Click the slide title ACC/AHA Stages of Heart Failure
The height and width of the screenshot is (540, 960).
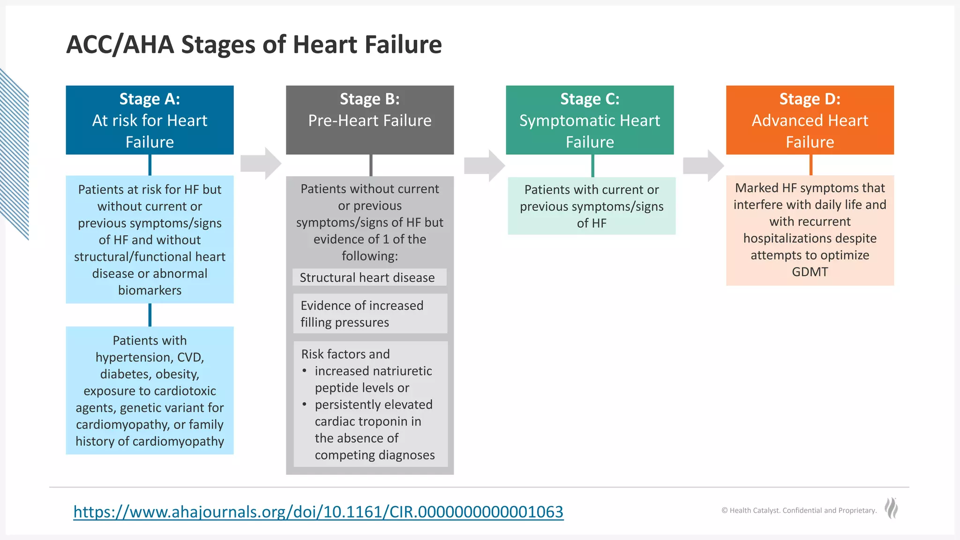254,45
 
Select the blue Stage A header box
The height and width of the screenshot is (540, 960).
150,120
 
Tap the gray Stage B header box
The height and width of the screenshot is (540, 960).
370,120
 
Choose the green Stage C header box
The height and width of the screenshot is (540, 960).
590,120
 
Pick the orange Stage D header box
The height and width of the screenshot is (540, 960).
810,120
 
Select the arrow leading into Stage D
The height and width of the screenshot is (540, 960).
704,165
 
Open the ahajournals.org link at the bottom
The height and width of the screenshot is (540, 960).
318,511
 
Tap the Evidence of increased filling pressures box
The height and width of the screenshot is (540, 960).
370,314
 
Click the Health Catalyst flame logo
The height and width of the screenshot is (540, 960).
891,508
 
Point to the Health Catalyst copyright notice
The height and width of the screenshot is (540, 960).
799,510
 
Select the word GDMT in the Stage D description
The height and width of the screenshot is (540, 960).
810,272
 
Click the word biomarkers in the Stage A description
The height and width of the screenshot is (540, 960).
150,291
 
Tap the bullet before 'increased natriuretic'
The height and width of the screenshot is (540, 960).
305,371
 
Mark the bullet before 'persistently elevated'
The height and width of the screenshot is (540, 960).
305,404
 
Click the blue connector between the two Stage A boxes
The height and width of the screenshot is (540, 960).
150,315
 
